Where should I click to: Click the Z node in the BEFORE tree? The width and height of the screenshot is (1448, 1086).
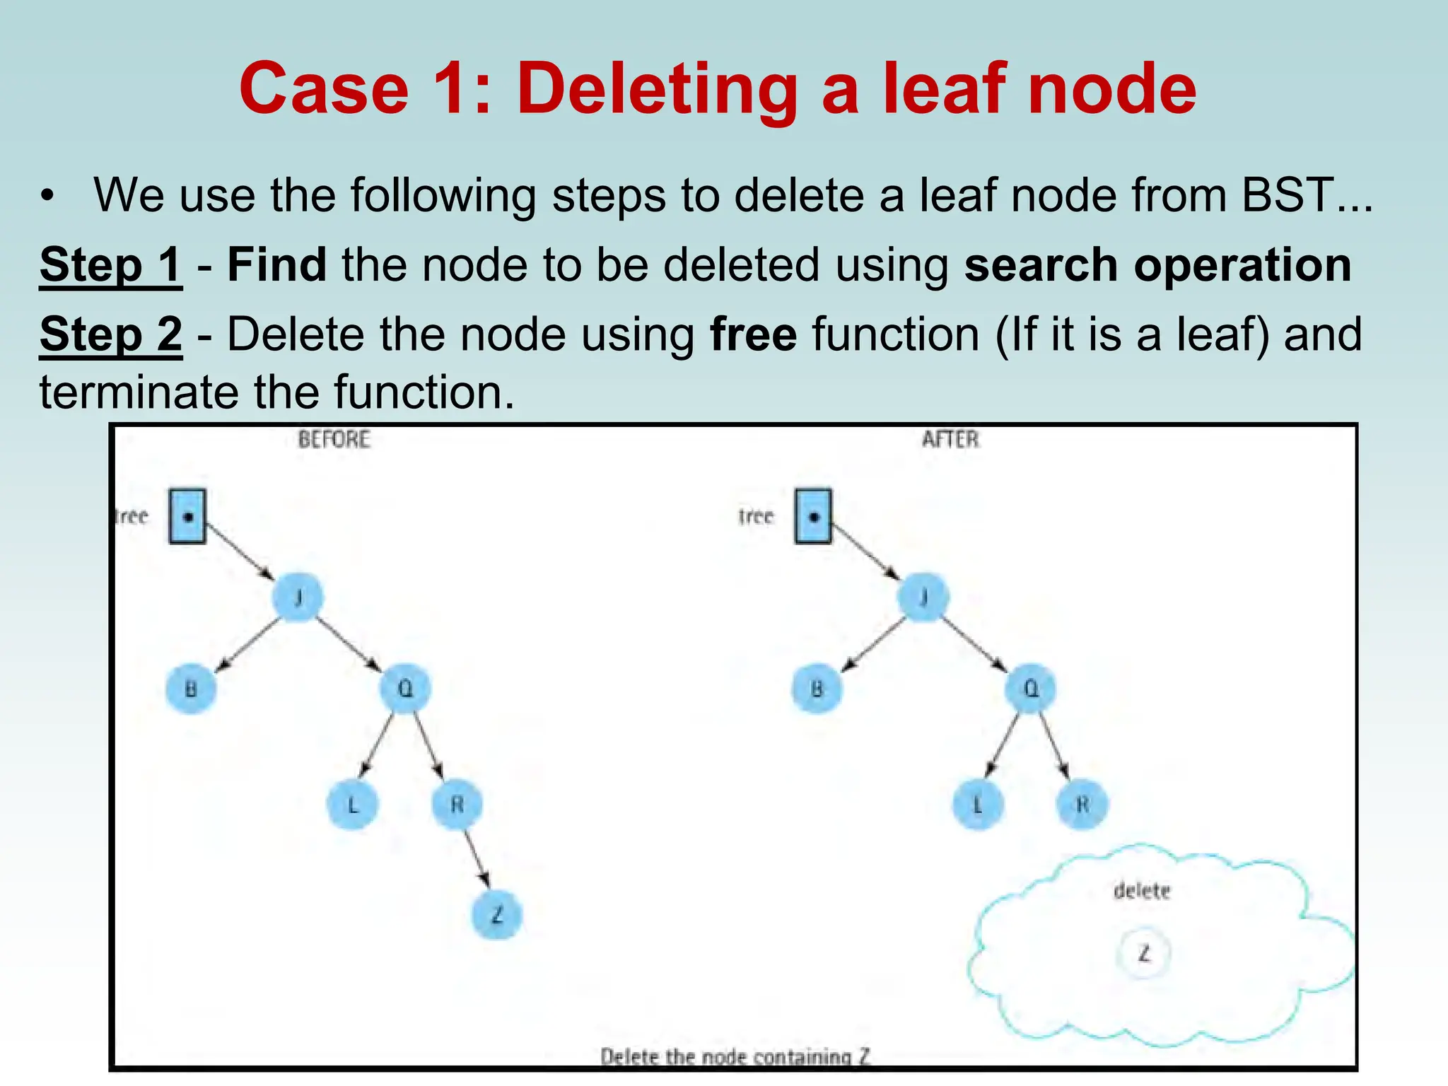496,915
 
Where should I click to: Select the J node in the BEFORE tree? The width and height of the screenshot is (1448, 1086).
298,598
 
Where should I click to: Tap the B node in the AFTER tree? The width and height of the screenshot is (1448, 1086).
817,688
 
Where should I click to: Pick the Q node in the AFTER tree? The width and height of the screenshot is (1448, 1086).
1031,688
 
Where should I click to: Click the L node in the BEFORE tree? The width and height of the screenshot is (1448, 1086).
352,804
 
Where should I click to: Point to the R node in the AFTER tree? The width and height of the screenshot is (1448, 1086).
1082,804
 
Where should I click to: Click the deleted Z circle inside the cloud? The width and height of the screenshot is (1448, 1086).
1143,954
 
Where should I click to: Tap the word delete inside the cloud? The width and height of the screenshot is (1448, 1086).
1142,891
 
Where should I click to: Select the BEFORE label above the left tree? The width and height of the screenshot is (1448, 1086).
334,440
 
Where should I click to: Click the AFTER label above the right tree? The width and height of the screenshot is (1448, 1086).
950,440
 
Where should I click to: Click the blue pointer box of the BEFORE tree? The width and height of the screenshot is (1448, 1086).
187,516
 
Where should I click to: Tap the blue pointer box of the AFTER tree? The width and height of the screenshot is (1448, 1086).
813,516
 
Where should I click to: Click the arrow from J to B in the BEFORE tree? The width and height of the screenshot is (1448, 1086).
247,643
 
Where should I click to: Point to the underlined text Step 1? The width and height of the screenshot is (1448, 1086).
111,265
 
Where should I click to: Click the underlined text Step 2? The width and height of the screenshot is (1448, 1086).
111,334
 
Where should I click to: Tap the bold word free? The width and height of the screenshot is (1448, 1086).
753,334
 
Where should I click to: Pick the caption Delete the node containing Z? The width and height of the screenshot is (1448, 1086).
735,1056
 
